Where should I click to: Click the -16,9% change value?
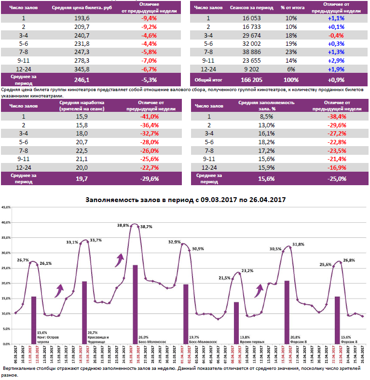click(x=337, y=168)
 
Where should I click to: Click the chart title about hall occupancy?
click(x=185, y=199)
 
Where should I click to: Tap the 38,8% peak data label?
click(x=123, y=225)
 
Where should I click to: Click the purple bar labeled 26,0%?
click(x=135, y=304)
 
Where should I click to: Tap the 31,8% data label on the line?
click(x=298, y=244)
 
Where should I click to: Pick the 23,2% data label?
click(x=247, y=271)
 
